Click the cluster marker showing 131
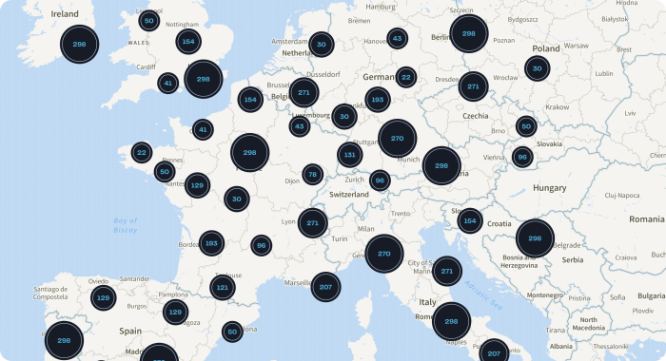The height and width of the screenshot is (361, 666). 350,155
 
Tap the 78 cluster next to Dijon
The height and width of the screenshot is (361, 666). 312,174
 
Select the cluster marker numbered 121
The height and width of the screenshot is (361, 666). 222,286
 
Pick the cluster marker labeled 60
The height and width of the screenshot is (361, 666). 231,332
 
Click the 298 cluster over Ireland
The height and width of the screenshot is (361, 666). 80,44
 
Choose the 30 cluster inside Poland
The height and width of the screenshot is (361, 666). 538,68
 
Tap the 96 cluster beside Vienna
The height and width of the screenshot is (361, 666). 521,157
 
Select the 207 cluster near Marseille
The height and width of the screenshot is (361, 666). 325,286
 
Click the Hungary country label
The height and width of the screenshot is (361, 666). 550,188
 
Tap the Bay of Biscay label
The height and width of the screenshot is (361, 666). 125,225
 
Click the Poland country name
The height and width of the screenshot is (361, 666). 546,48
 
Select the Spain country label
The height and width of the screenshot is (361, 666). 129,332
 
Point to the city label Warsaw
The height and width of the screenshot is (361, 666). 576,45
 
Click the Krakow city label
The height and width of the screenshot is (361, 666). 557,107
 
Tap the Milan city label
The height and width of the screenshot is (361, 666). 366,229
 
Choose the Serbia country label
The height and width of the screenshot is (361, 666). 572,259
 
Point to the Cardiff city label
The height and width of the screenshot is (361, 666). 145,66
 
